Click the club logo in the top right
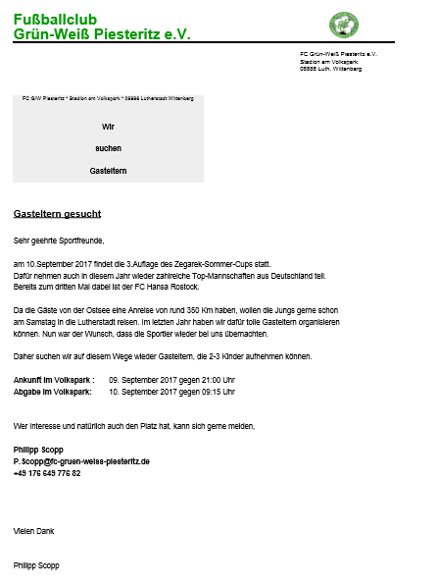pyautogui.click(x=344, y=24)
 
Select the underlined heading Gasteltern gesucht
pyautogui.click(x=57, y=213)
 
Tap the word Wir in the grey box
pyautogui.click(x=109, y=127)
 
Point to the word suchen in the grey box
pyautogui.click(x=109, y=148)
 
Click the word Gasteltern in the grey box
pyautogui.click(x=109, y=171)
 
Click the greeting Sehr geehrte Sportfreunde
pyautogui.click(x=59, y=240)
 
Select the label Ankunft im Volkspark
pyautogui.click(x=53, y=379)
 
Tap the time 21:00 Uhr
pyautogui.click(x=217, y=379)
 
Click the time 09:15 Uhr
pyautogui.click(x=217, y=391)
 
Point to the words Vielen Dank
pyautogui.click(x=34, y=531)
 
